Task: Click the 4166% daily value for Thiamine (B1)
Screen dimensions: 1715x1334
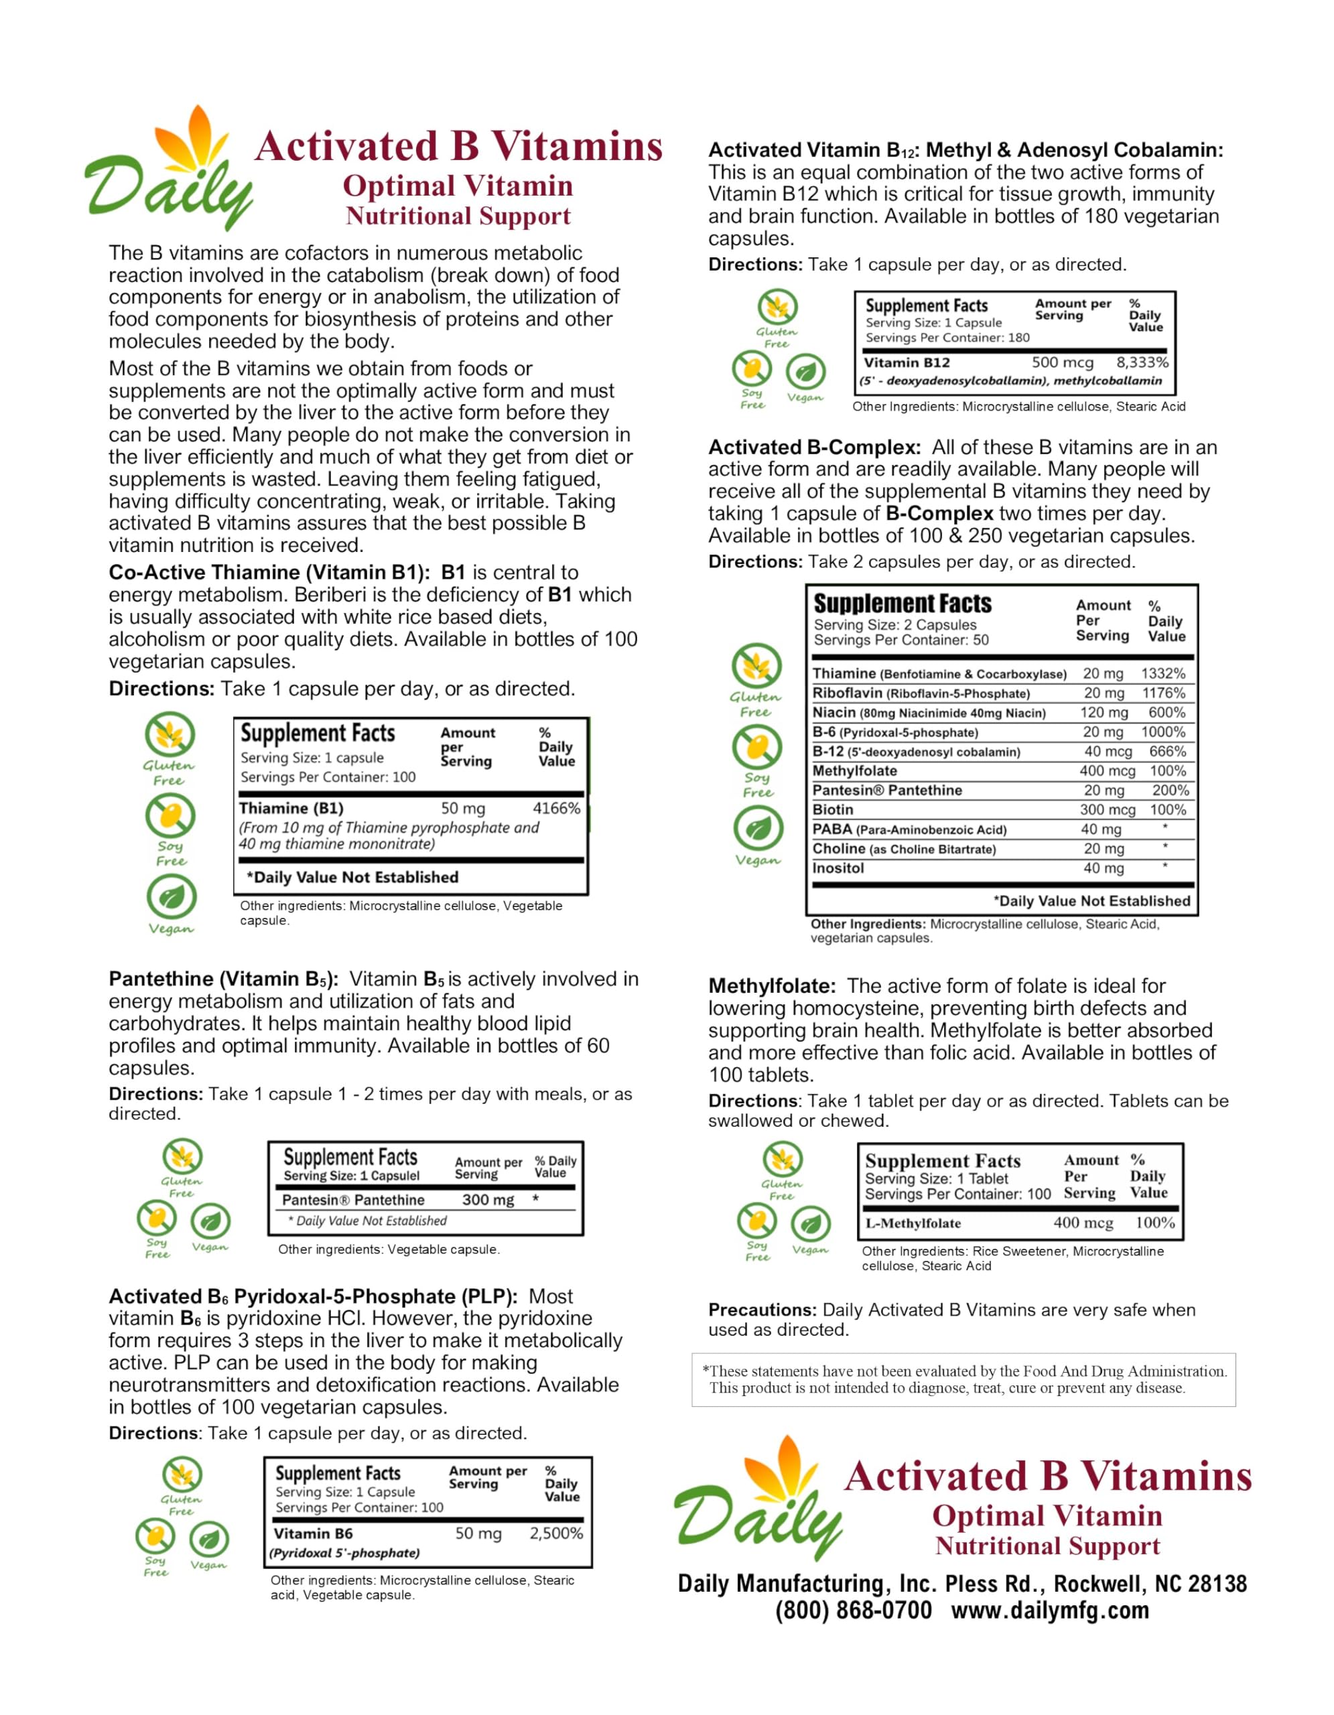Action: (556, 808)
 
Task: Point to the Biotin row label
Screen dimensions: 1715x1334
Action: (832, 809)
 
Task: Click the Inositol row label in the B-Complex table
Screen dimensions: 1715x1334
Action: (838, 868)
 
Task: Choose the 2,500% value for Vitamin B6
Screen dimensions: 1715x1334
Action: (556, 1533)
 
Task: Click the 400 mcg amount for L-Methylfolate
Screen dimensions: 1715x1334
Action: (1083, 1223)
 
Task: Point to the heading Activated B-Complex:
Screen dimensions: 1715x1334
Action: (814, 447)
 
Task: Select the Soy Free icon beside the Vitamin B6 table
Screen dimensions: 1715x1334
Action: (155, 1536)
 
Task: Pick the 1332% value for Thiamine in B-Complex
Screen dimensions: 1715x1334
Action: (1163, 673)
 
